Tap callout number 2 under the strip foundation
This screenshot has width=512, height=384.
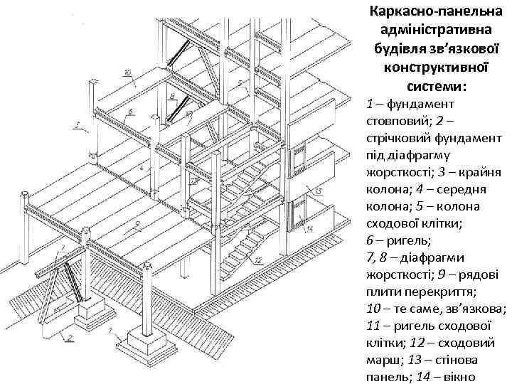pyautogui.click(x=70, y=338)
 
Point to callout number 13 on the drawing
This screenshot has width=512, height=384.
pyautogui.click(x=317, y=191)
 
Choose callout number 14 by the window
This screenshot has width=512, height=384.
pyautogui.click(x=310, y=229)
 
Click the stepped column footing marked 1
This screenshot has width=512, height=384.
pyautogui.click(x=150, y=346)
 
